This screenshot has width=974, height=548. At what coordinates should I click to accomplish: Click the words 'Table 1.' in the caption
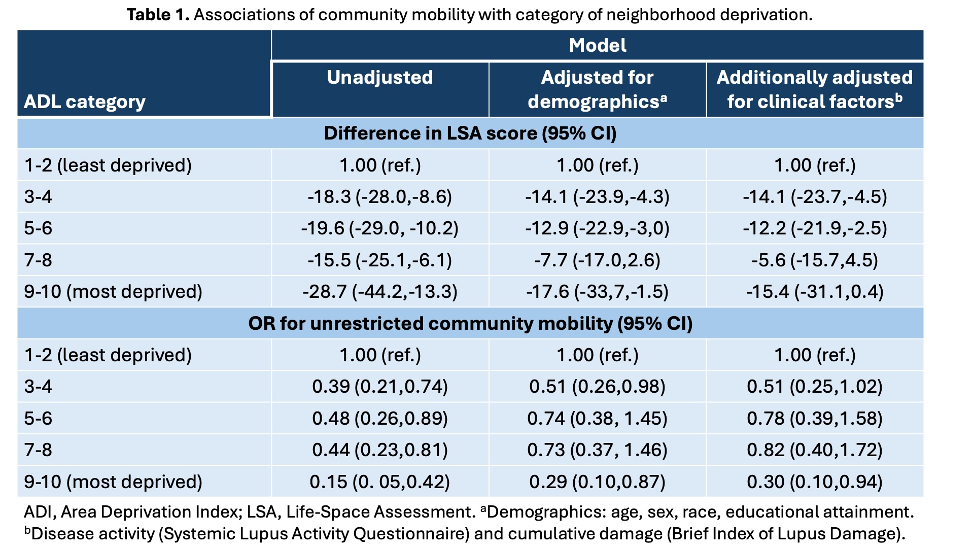158,15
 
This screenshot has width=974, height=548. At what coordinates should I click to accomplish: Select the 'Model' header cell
597,46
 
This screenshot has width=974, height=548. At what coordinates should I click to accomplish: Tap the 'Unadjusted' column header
380,78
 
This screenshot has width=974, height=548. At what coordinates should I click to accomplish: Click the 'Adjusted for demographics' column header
597,90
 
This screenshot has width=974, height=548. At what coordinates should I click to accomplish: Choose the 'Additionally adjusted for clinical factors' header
814,90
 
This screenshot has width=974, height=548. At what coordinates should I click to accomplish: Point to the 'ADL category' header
85,102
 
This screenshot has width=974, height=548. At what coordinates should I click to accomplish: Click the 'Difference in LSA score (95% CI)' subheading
470,133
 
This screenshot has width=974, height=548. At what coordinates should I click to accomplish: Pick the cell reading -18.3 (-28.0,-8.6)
379,197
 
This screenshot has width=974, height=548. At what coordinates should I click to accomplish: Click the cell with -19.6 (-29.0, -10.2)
379,228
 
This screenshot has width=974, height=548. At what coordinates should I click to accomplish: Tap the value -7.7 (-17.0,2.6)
597,260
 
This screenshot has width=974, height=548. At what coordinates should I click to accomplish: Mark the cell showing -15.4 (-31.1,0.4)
814,292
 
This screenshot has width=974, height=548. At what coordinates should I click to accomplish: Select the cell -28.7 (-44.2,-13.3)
379,292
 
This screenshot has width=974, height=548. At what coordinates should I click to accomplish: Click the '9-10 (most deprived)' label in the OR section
113,482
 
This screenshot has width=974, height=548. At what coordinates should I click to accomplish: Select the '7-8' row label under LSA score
38,260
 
